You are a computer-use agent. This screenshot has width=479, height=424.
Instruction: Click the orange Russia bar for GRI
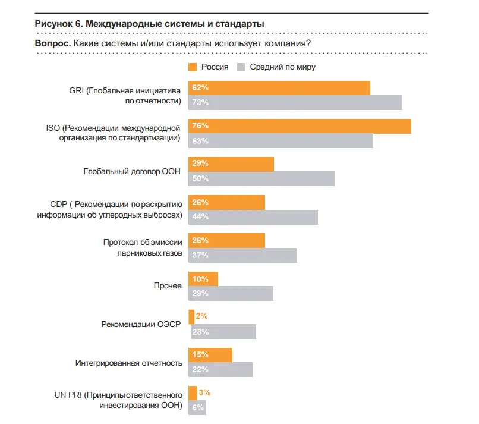point(279,88)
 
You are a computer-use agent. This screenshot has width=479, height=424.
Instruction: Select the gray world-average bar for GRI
point(295,102)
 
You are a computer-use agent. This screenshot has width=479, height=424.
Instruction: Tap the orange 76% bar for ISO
point(300,126)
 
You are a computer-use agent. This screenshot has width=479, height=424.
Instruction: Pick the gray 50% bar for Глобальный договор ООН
point(261,178)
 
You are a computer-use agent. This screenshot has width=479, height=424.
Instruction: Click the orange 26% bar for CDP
point(226,203)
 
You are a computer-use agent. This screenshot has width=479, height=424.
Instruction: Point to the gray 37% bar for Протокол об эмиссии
point(242,255)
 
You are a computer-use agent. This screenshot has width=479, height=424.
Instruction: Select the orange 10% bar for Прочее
point(203,279)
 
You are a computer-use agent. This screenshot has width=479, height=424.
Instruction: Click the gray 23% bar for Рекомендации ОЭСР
point(222,331)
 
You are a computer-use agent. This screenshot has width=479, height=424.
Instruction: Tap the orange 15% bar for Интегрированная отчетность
point(210,355)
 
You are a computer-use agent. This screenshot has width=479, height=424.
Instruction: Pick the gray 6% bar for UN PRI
point(197,407)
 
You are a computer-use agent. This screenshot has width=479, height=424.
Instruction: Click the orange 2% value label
point(201,316)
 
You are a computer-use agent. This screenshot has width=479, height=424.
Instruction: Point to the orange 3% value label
point(205,392)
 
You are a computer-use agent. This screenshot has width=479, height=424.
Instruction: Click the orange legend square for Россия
point(193,67)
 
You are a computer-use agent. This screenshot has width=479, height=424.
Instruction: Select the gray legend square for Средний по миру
point(242,67)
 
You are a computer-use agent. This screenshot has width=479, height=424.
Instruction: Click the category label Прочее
point(168,286)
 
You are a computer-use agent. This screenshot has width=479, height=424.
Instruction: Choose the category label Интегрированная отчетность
point(128,362)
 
